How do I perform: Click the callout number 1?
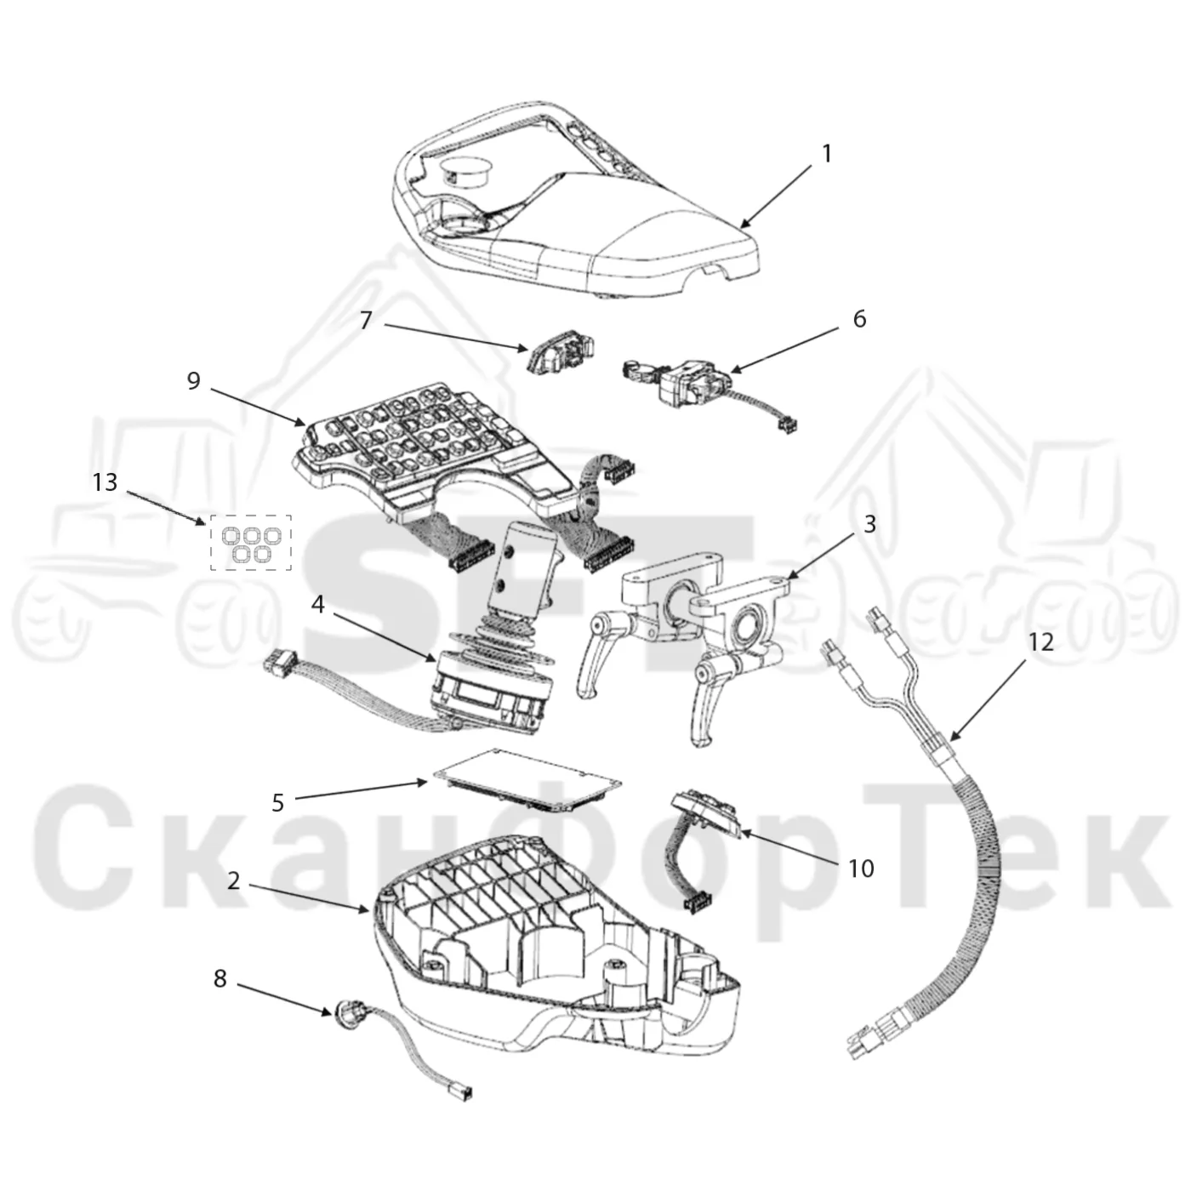826,154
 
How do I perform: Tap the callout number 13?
105,482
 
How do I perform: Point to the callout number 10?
861,869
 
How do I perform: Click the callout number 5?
278,803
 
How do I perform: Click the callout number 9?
193,381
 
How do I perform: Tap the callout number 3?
869,524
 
